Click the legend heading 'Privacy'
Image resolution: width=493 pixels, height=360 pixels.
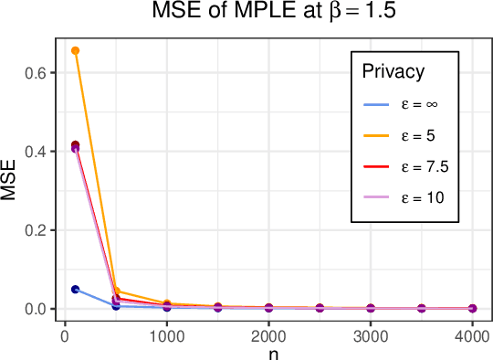[x=392, y=71]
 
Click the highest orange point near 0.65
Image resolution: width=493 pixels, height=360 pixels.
[x=76, y=50]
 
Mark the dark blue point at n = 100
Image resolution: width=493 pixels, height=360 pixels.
[x=76, y=290]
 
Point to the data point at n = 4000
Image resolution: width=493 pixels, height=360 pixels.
[x=472, y=309]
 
